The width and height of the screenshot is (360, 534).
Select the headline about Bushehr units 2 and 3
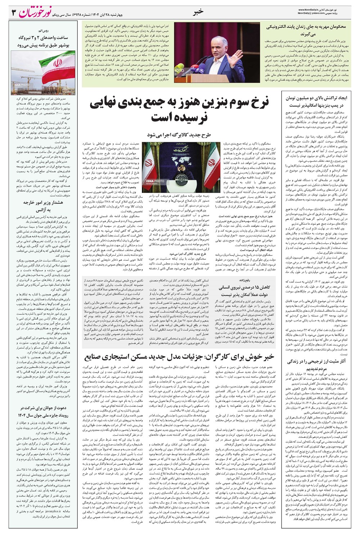pos(43,42)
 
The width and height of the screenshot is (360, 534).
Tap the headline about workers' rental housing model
pos(179,357)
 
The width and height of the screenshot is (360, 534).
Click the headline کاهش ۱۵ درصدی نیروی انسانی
pos(248,291)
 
